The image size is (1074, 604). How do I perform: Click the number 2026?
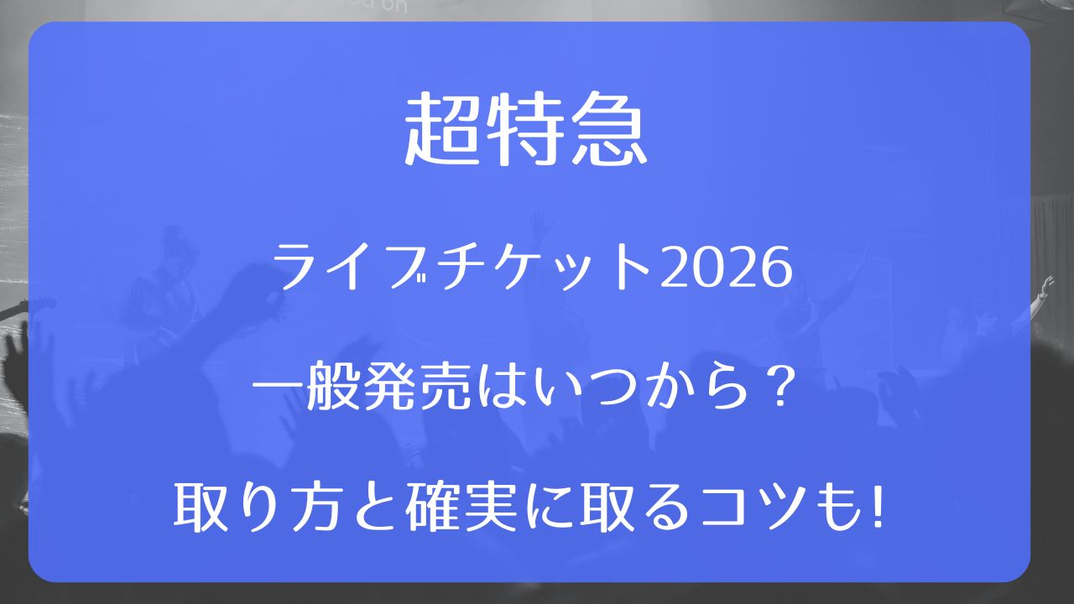coord(726,268)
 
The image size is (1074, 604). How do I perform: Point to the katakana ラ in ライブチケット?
coord(300,268)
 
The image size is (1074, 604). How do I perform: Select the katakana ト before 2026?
coord(628,268)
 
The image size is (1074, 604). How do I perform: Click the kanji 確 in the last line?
coord(431,508)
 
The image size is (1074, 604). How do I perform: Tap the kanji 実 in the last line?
coord(489,508)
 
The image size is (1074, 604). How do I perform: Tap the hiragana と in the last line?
coord(374,508)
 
